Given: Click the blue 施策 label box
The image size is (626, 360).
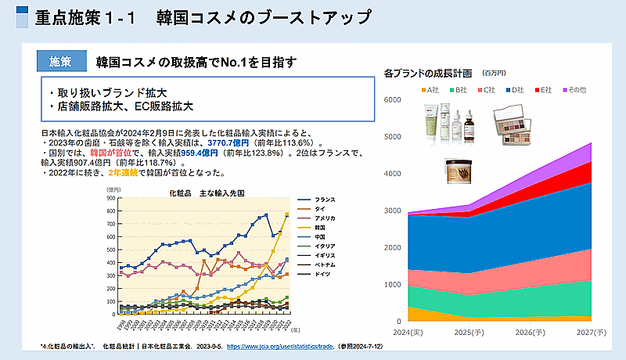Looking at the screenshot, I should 59,62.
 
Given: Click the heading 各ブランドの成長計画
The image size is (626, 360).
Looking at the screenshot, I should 428,74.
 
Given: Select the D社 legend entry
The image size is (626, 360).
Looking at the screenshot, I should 515,91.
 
